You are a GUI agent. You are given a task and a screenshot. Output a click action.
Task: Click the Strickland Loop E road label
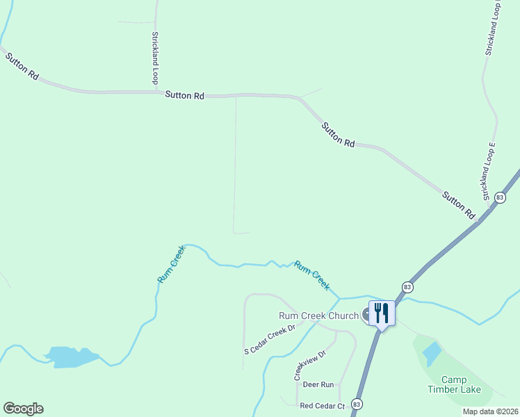point(487,170)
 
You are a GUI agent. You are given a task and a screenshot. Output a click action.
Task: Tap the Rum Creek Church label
point(318,315)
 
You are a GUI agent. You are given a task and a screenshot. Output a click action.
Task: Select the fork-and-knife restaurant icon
point(382,312)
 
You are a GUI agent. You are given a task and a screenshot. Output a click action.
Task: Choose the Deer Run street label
point(318,384)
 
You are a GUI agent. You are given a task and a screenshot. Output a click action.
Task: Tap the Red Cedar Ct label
point(322,405)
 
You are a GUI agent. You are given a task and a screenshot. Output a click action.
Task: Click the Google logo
point(23,409)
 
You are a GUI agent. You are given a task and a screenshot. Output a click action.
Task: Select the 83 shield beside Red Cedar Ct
point(357,404)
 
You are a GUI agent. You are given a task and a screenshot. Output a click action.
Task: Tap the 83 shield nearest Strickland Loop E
point(500,198)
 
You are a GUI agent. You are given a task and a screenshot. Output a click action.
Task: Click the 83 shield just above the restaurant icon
point(407,286)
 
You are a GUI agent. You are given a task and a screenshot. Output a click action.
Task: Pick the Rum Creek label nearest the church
point(311,275)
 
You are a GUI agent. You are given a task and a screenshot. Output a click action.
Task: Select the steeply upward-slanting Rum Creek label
point(172,264)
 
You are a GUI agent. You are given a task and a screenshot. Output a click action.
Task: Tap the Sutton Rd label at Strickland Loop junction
point(184,96)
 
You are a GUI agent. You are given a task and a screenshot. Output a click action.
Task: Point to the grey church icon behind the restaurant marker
point(366,315)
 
